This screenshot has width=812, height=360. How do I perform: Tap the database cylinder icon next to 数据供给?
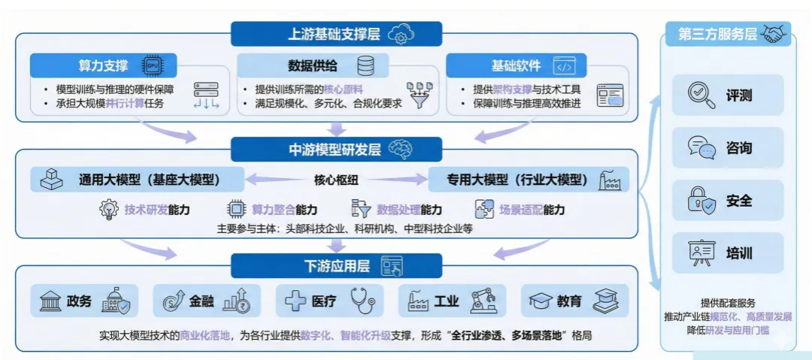point(365,66)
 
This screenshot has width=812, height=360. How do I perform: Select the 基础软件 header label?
point(516,66)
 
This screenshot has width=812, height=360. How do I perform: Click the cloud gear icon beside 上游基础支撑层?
point(401,34)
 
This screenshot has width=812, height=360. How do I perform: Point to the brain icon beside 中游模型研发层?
point(401,149)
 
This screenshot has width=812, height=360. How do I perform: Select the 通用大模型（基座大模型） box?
point(138,180)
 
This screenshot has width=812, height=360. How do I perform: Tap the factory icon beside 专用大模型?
point(610,180)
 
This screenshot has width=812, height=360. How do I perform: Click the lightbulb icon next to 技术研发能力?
point(109,209)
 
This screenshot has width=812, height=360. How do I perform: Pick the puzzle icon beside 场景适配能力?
point(485,209)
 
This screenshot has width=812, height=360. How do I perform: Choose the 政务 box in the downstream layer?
point(84,301)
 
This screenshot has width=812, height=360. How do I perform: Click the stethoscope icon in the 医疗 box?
point(362,301)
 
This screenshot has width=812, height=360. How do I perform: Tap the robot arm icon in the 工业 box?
point(484,301)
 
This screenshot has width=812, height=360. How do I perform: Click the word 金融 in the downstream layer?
point(201,301)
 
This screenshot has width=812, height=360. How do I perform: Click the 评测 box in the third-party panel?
point(728,95)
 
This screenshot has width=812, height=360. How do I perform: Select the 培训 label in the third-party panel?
point(739,253)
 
